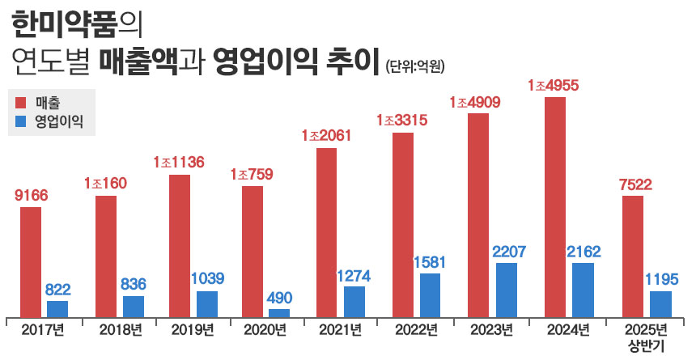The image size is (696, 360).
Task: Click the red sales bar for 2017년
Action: [31, 261]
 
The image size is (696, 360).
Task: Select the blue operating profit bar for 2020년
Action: [279, 312]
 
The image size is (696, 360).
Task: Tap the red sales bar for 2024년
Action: [555, 206]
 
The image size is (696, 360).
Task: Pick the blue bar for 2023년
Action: [507, 289]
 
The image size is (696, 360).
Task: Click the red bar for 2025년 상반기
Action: [633, 256]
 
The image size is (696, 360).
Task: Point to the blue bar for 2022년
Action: [431, 294]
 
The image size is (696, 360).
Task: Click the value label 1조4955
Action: [554, 85]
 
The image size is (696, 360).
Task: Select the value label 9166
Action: [32, 195]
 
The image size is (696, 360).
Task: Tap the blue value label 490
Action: [279, 297]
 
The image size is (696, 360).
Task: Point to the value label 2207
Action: [507, 252]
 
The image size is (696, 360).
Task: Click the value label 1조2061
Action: [326, 135]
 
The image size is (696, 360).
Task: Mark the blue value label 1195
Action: [662, 279]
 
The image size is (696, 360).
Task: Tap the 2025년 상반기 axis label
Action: [646, 337]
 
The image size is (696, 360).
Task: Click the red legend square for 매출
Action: [23, 103]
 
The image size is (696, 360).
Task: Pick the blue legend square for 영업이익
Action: [23, 123]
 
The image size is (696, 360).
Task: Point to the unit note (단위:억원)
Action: [416, 66]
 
